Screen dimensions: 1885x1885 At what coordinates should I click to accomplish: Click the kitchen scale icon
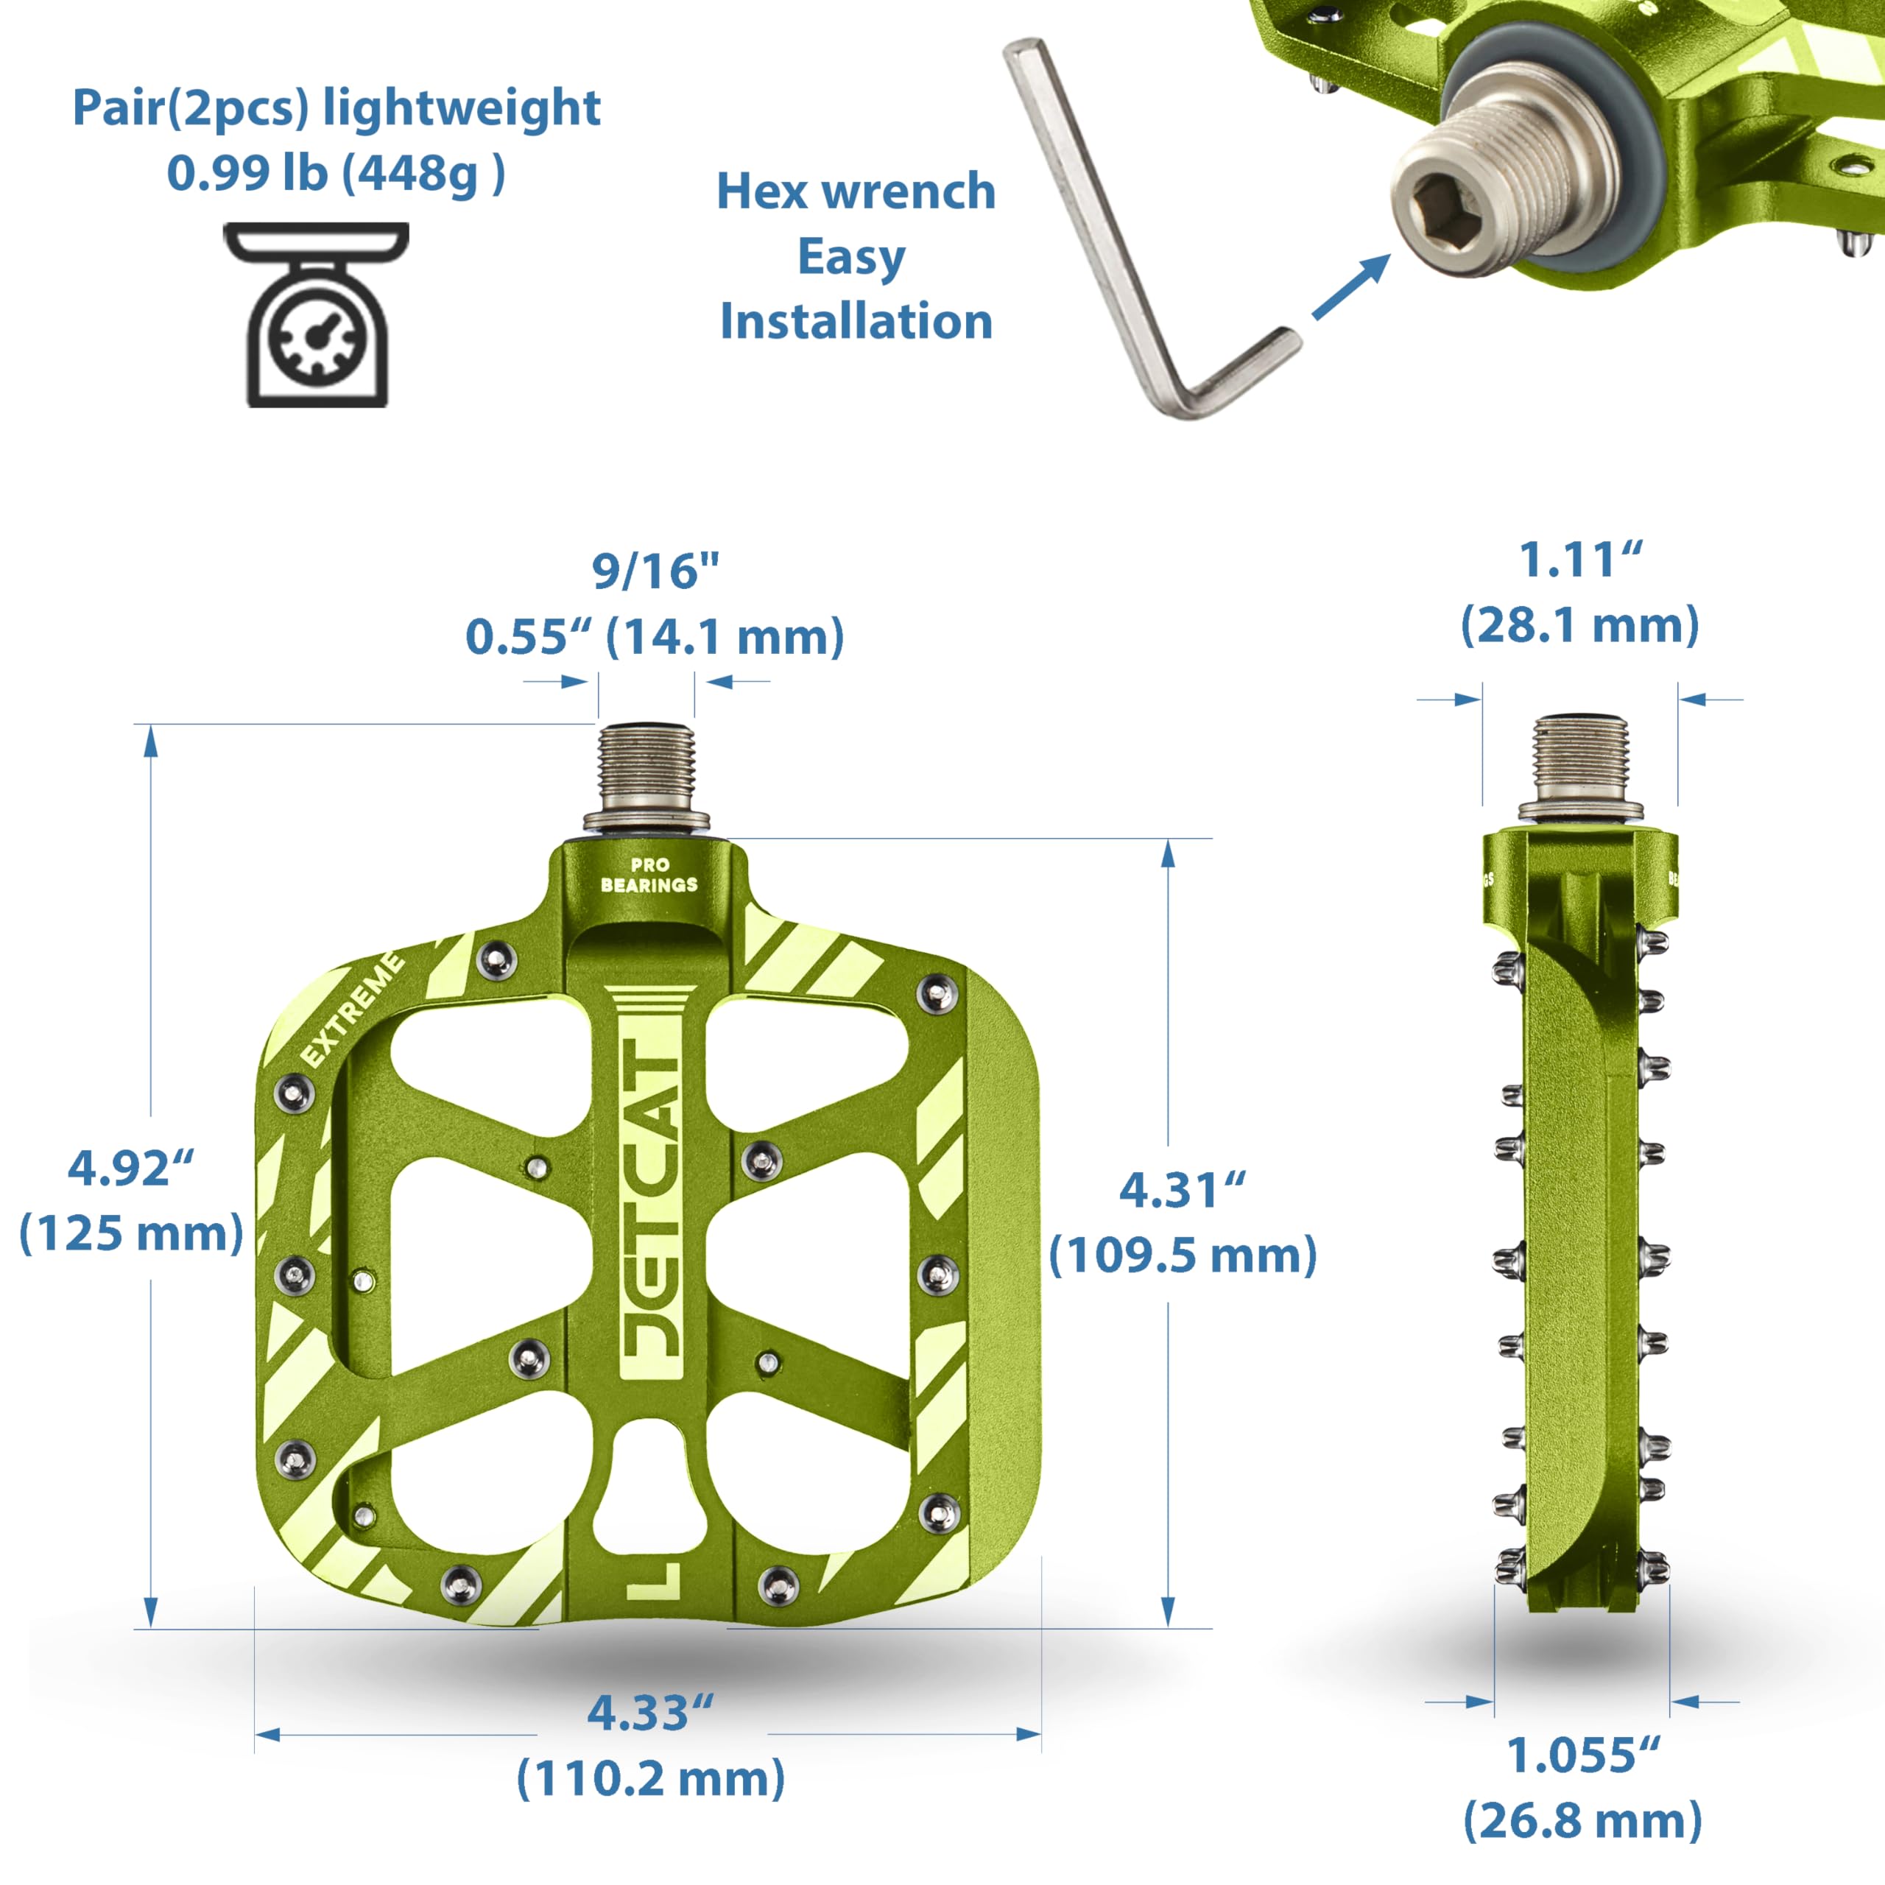316,314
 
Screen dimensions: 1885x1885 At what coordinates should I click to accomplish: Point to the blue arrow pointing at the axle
1351,287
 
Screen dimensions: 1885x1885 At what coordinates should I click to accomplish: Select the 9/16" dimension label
655,571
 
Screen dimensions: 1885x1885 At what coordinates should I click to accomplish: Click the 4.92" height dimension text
131,1168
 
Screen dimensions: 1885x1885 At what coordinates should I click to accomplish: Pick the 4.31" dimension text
1183,1189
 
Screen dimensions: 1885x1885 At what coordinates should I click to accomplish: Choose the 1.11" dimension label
1582,560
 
